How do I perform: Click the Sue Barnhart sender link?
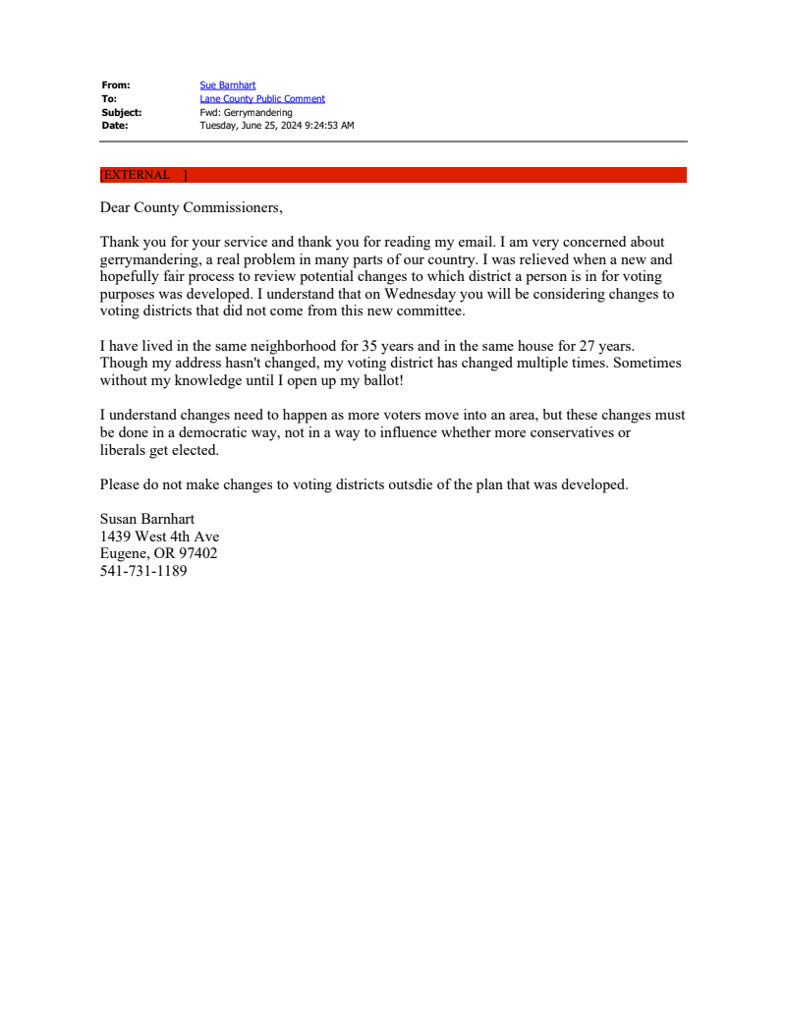227,85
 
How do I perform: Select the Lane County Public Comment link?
262,99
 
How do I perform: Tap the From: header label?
115,85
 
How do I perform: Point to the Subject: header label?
121,112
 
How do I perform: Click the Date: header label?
114,126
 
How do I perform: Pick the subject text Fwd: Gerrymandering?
246,112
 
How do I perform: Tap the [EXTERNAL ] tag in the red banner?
143,175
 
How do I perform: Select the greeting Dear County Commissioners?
191,207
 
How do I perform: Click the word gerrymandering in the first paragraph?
148,259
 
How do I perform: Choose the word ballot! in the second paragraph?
379,380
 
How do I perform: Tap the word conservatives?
569,432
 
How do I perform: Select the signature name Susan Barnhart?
147,519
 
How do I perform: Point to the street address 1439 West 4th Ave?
159,537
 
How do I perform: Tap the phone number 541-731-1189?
143,571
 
